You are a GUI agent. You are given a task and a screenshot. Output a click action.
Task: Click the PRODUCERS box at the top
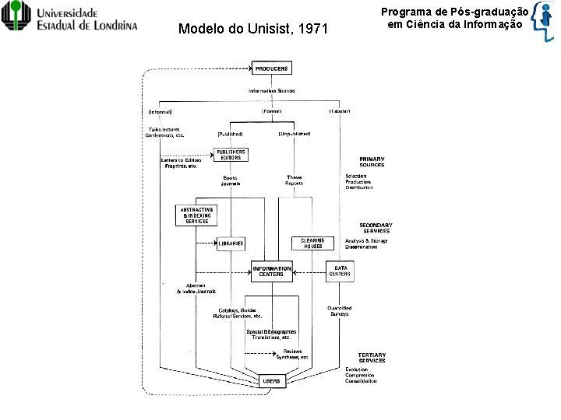pyautogui.click(x=271, y=68)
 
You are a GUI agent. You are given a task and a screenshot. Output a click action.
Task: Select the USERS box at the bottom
pyautogui.click(x=271, y=381)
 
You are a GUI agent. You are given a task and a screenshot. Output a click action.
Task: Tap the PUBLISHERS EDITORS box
pyautogui.click(x=231, y=155)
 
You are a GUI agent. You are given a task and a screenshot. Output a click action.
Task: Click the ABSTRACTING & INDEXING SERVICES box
pyautogui.click(x=196, y=215)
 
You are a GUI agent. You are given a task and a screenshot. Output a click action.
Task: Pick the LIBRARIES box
pyautogui.click(x=231, y=243)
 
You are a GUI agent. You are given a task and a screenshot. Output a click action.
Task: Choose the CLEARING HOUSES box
pyautogui.click(x=312, y=243)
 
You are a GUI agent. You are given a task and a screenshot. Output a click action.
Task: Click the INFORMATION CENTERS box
pyautogui.click(x=272, y=271)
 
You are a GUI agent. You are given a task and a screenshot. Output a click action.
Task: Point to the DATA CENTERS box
pyautogui.click(x=340, y=271)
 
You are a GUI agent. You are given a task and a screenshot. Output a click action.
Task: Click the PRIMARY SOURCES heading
pyautogui.click(x=372, y=162)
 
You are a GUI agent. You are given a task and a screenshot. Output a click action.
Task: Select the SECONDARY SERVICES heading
pyautogui.click(x=376, y=228)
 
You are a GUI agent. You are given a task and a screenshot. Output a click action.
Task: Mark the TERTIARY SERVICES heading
pyautogui.click(x=372, y=358)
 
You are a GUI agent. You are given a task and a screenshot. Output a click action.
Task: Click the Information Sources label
pyautogui.click(x=272, y=91)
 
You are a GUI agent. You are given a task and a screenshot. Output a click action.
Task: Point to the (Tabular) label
pyautogui.click(x=339, y=111)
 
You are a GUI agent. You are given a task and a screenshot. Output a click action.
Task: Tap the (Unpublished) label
pyautogui.click(x=295, y=134)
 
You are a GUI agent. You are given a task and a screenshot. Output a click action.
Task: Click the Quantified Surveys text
pyautogui.click(x=339, y=311)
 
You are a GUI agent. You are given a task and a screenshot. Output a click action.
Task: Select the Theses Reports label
pyautogui.click(x=295, y=180)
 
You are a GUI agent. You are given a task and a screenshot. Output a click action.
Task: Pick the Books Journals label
pyautogui.click(x=230, y=180)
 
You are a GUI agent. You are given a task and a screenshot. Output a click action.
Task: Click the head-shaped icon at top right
pyautogui.click(x=544, y=23)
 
